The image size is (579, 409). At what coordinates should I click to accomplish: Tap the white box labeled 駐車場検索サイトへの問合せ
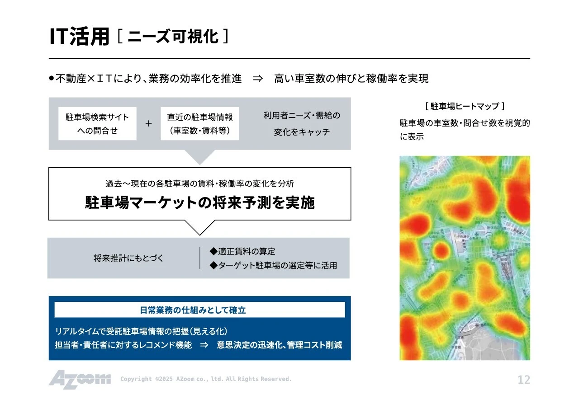(x=97, y=124)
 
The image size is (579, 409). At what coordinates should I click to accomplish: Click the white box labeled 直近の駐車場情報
(x=199, y=124)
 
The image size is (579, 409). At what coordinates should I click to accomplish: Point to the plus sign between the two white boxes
(x=148, y=124)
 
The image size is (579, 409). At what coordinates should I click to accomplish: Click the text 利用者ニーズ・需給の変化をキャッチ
(x=302, y=124)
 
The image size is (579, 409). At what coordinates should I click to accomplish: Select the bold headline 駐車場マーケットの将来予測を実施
(x=199, y=203)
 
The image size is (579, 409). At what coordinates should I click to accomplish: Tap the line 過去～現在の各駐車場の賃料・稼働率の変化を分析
(x=199, y=183)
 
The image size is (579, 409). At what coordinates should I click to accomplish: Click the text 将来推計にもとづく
(x=128, y=259)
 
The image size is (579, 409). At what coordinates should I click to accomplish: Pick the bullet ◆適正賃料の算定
(x=242, y=251)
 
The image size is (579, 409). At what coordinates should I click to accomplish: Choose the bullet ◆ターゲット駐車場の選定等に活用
(x=273, y=266)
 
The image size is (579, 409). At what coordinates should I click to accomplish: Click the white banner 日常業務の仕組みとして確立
(x=199, y=310)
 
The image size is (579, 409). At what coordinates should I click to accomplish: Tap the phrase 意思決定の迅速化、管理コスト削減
(x=279, y=345)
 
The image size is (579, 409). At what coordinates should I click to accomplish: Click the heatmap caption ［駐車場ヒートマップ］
(x=465, y=106)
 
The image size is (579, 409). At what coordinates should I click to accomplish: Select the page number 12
(x=523, y=380)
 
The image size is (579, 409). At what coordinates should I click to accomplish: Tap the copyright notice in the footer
(x=206, y=379)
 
